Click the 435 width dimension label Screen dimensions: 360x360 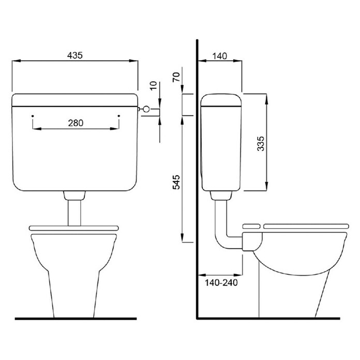(75, 55)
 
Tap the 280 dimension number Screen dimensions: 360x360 (76, 123)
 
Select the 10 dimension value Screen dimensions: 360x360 (154, 85)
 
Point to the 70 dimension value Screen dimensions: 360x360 (176, 77)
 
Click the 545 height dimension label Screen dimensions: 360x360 (176, 182)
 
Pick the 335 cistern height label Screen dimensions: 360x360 (261, 143)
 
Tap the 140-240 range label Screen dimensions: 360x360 (221, 282)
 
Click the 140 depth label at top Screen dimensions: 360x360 (220, 56)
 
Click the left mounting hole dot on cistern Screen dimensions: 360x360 (33, 116)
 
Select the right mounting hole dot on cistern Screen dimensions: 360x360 (118, 116)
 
